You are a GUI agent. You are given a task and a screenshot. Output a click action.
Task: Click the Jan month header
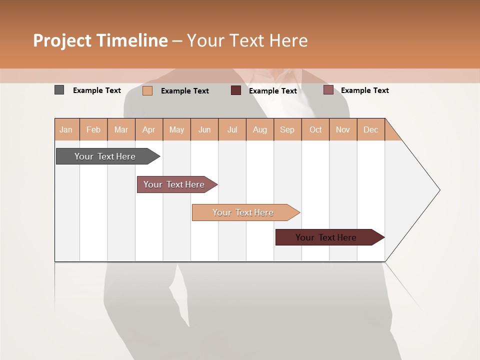tap(66, 129)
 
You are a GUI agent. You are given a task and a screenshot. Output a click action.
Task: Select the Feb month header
tap(93, 129)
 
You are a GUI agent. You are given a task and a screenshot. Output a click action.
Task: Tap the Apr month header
tap(149, 129)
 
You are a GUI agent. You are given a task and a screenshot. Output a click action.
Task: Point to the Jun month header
tap(204, 129)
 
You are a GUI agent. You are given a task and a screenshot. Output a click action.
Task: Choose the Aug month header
tap(260, 129)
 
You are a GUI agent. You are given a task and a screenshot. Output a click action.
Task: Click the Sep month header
tap(287, 129)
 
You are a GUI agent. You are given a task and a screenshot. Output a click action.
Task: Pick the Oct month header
tap(315, 129)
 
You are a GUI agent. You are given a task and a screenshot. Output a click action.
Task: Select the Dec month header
tap(371, 129)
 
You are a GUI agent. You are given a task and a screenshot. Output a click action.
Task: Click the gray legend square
tap(59, 90)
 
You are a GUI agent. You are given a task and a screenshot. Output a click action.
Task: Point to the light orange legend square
tap(147, 90)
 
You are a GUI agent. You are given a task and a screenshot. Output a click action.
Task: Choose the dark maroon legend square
tap(236, 90)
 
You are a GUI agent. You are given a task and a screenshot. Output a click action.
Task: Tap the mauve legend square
tap(328, 90)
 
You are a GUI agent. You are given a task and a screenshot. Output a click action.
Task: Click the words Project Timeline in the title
tap(100, 40)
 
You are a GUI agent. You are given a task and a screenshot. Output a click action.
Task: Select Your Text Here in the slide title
tap(247, 40)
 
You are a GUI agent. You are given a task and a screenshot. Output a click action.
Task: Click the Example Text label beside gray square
tap(97, 90)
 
